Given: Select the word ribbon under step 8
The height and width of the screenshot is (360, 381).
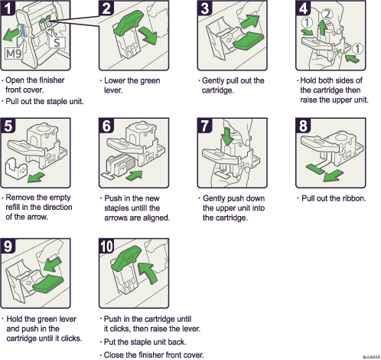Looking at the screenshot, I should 351,198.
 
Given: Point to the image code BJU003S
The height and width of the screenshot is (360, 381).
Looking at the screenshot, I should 368,356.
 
